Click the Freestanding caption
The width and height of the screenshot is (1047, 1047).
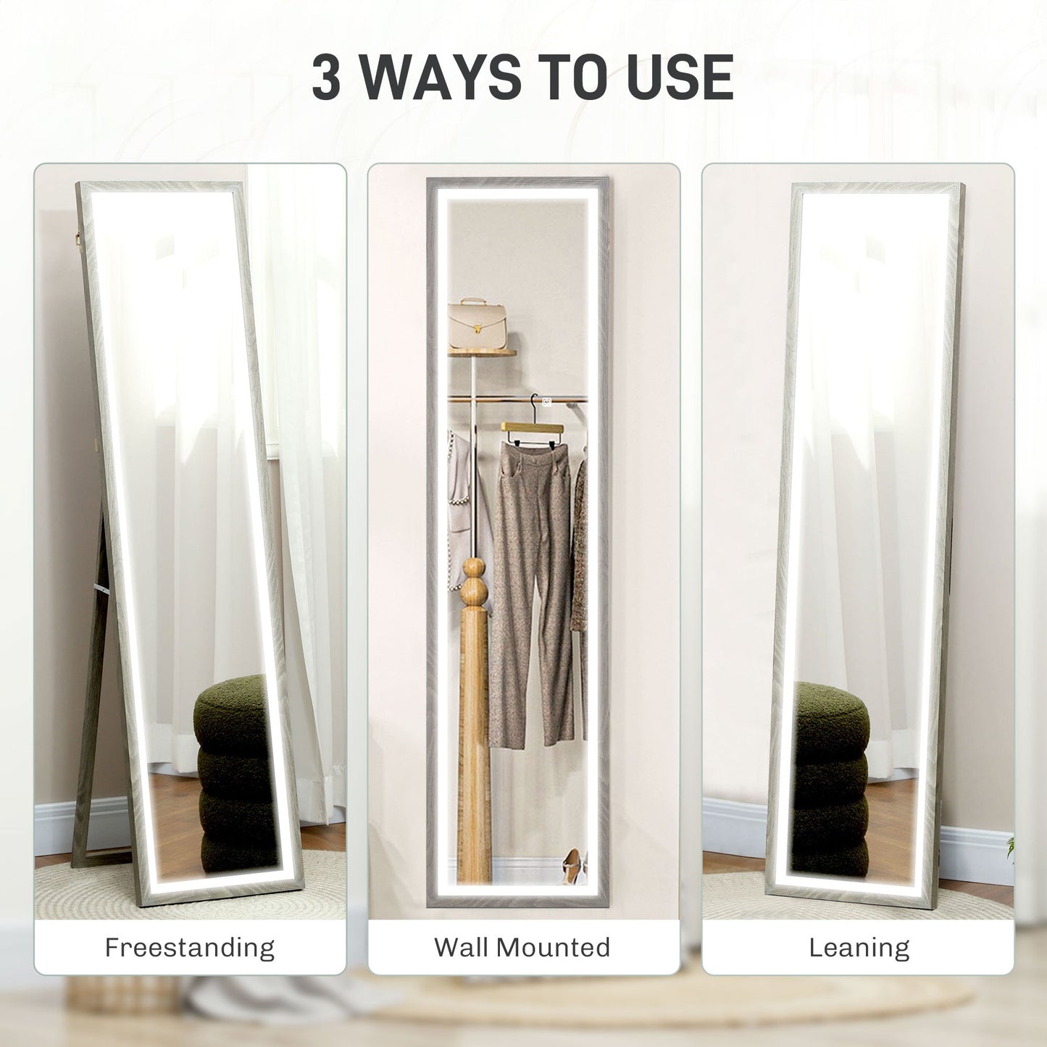pyautogui.click(x=190, y=947)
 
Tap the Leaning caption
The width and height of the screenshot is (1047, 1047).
pyautogui.click(x=859, y=947)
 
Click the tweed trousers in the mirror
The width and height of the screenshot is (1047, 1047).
pyautogui.click(x=533, y=580)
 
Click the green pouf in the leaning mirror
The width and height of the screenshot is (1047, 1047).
pyautogui.click(x=830, y=775)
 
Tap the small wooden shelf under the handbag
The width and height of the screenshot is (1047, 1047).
pyautogui.click(x=482, y=354)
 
